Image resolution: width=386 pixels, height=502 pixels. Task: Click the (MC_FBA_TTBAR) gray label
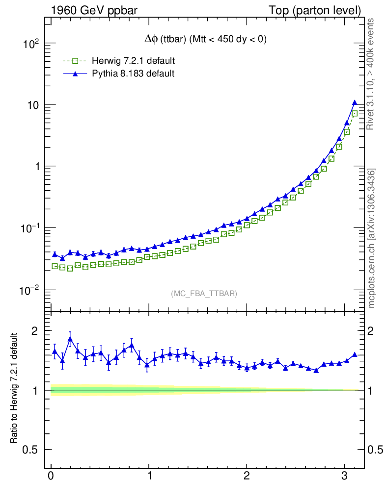[x=204, y=294]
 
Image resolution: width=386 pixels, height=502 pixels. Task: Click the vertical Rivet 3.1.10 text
[x=372, y=74]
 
